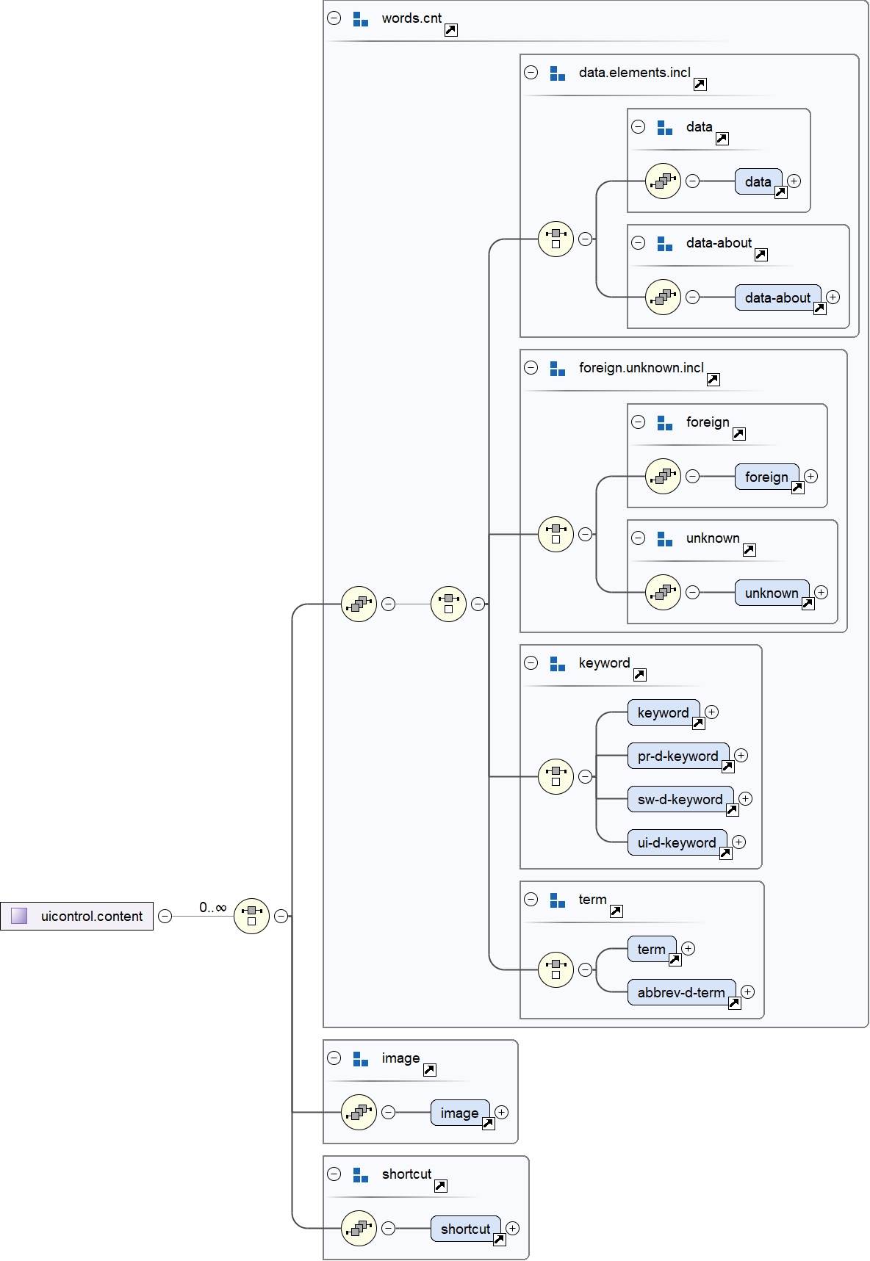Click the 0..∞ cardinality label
(212, 908)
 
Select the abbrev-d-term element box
(681, 992)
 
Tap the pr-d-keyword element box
(677, 756)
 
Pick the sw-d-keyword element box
(680, 799)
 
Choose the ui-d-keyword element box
(677, 842)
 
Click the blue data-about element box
(777, 297)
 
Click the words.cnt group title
(411, 18)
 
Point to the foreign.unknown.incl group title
(641, 368)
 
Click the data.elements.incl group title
(634, 73)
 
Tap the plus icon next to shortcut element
(513, 1228)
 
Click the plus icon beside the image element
(501, 1112)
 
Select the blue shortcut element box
(465, 1229)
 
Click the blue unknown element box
(772, 593)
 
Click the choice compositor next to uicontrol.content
(251, 916)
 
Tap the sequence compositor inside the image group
(359, 1113)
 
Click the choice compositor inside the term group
(556, 969)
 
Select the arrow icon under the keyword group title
(640, 675)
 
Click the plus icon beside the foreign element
(810, 476)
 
